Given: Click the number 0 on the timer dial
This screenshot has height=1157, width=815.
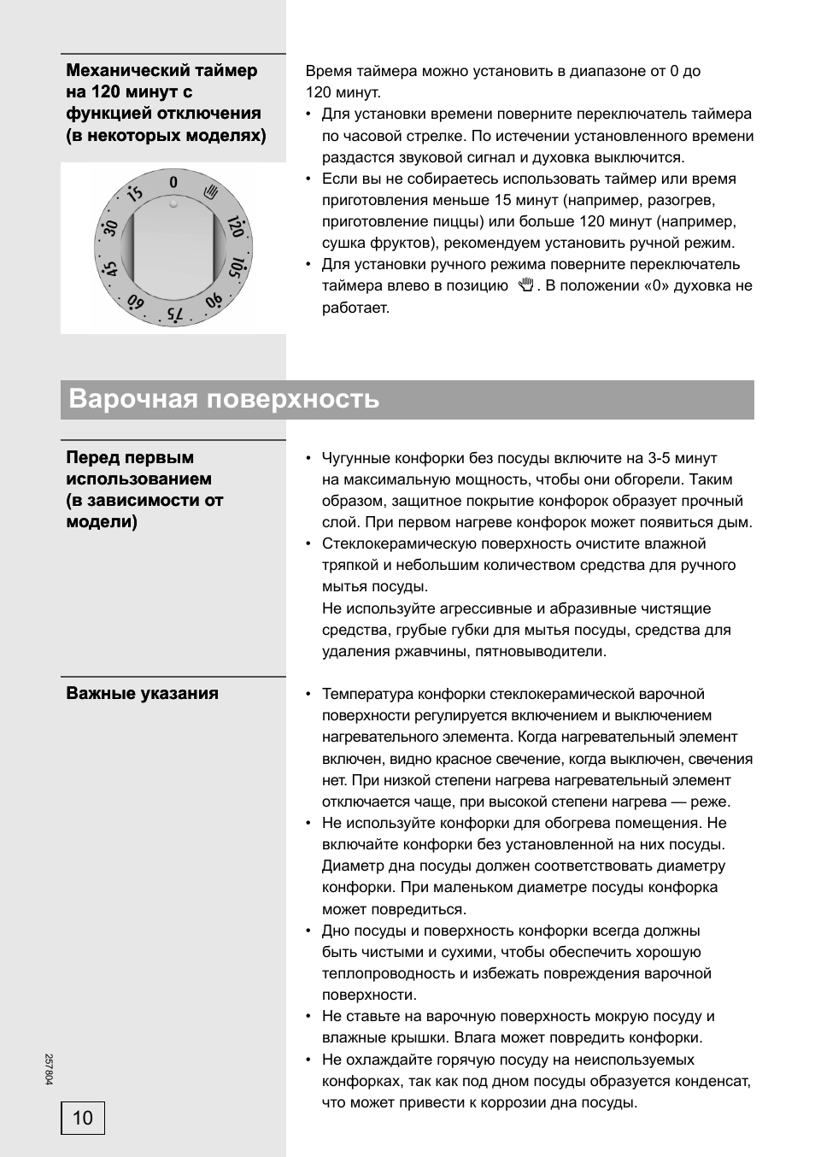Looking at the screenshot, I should point(173,182).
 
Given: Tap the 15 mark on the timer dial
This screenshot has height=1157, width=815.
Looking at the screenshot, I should point(134,193).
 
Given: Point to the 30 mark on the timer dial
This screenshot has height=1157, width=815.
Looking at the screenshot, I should point(109,227).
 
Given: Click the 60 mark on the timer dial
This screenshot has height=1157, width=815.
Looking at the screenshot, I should point(135,302).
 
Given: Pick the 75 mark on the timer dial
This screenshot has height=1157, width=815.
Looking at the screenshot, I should point(174,314).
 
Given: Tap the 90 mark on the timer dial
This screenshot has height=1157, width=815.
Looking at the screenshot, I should point(214,302).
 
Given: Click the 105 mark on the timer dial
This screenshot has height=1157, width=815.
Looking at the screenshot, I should point(237,268).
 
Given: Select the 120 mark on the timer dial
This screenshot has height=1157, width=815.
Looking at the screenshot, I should point(237,227).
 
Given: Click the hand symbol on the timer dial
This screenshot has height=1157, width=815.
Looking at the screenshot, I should point(212,192).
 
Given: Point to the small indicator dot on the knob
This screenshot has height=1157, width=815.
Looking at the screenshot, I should point(173,204).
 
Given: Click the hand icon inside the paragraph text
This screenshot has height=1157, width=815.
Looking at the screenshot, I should point(526,285).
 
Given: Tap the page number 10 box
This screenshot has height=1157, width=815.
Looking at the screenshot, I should point(83,1118).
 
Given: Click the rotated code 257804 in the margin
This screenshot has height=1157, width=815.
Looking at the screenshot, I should point(49,1069).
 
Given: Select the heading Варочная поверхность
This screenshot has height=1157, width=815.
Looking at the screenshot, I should point(224,399).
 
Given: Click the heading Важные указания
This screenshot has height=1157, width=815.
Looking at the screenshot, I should point(142,693).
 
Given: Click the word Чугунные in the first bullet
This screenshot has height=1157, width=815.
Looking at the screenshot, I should point(355,458).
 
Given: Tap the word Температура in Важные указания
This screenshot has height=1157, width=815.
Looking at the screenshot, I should point(366,694).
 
